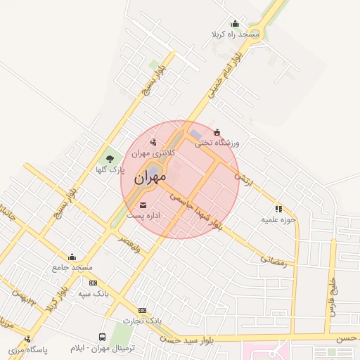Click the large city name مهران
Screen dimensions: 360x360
148,179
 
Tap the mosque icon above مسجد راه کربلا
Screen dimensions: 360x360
235,24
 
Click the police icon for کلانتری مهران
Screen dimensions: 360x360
153,144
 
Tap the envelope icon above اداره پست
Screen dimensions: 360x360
153,205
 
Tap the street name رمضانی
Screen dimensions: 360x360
274,259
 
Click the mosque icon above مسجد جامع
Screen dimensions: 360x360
72,257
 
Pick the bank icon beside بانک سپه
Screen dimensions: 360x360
93,283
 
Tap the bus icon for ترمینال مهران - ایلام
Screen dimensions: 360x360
103,337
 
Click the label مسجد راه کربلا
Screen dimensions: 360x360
235,34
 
